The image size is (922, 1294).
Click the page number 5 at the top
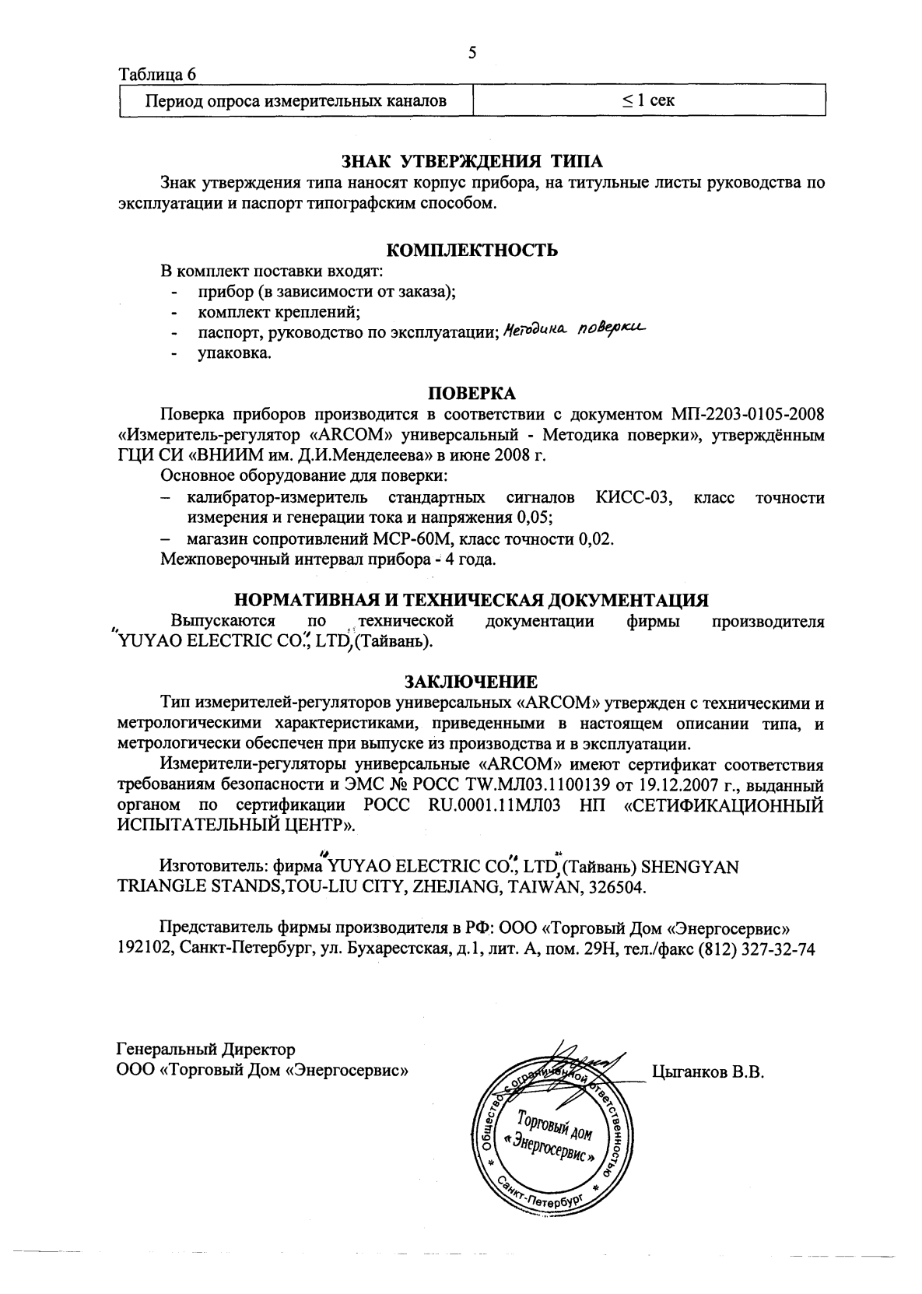click(x=472, y=53)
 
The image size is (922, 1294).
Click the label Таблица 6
click(x=156, y=75)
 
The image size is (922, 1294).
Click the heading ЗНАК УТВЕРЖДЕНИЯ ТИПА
click(x=472, y=162)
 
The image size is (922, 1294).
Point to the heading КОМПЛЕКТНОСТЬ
click(x=472, y=251)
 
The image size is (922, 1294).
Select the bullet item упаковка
click(x=234, y=353)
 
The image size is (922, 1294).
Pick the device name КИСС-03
click(x=633, y=497)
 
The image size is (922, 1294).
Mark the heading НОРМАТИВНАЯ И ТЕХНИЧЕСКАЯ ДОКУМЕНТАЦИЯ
click(x=472, y=600)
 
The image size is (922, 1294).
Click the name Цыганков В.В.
click(x=707, y=1072)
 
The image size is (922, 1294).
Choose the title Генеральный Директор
click(x=205, y=1050)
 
